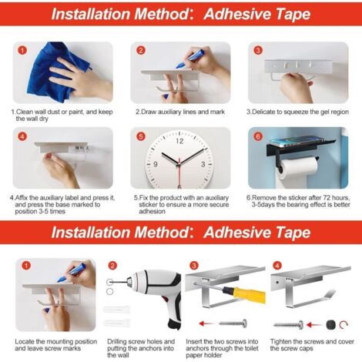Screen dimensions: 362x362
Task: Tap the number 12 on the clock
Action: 179,141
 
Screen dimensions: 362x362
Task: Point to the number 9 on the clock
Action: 156,164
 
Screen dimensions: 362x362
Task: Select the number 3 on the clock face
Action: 203,164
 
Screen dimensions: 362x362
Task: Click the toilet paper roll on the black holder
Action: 299,168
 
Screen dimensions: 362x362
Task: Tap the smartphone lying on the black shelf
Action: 300,142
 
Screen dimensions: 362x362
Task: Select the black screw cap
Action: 331,325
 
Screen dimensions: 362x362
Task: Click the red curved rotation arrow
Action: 344,325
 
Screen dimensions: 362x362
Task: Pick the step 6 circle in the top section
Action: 258,136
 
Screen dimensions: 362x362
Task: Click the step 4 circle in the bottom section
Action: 277,265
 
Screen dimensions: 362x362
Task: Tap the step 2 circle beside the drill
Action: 112,266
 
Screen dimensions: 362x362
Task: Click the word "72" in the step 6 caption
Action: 327,198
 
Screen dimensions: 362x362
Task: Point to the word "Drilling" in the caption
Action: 117,342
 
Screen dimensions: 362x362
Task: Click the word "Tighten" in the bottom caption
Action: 280,342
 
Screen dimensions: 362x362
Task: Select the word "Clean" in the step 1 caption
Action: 25,112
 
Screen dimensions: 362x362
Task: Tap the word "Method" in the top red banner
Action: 162,14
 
